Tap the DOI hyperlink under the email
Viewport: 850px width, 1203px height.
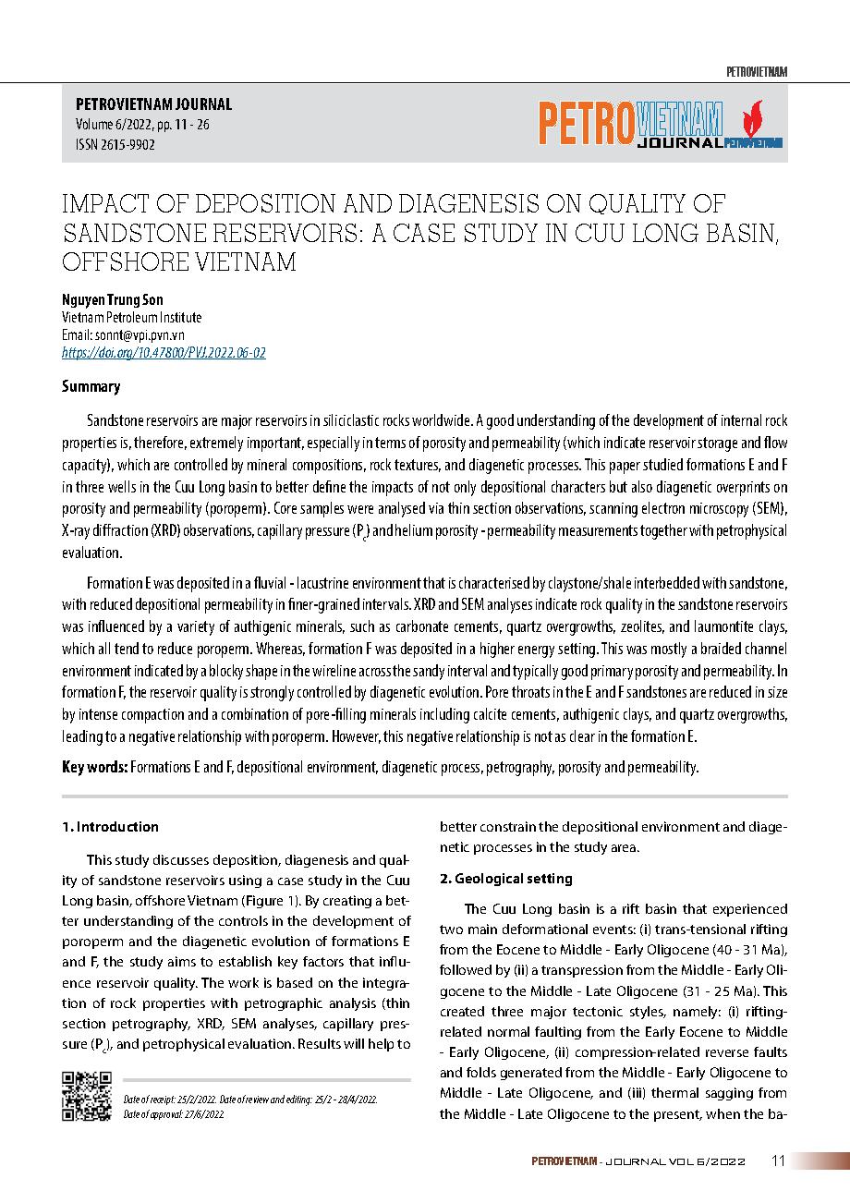[x=164, y=353]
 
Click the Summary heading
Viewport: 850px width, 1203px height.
[x=91, y=387]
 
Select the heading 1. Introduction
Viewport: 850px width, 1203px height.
[x=110, y=827]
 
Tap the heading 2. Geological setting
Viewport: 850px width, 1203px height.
[x=505, y=878]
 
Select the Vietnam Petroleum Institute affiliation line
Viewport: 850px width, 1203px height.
[x=131, y=318]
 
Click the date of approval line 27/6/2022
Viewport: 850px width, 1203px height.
[x=175, y=1115]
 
